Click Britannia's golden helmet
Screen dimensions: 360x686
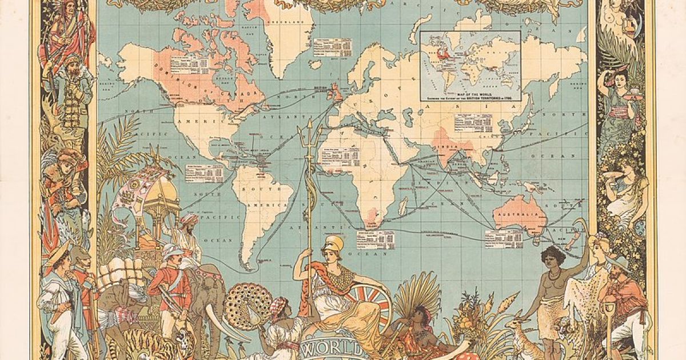coord(333,244)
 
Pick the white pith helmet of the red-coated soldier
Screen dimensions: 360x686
coord(171,251)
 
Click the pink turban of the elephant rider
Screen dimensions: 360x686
coord(189,219)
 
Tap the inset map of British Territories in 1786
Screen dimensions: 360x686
coord(470,65)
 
